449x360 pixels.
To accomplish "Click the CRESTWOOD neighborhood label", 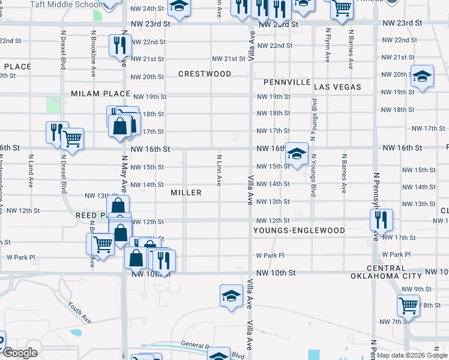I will (205, 74).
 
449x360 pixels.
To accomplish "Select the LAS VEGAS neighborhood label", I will (337, 87).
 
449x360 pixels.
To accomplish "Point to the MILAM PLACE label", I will (100, 94).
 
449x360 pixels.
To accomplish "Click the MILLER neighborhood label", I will (185, 193).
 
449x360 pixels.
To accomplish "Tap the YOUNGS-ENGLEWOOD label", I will (299, 230).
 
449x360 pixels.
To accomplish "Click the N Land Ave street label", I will (30, 169).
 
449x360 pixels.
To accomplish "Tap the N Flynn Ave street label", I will (328, 45).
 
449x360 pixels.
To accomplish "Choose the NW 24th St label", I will (148, 8).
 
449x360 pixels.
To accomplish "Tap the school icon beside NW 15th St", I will (296, 153).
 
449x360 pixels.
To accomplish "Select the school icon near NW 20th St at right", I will (422, 76).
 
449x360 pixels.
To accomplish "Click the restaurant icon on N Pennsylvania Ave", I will (381, 220).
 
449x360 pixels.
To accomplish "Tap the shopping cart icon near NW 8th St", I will (408, 305).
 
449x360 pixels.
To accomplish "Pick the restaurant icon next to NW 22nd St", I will (119, 44).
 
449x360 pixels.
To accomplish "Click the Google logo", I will (20, 353).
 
